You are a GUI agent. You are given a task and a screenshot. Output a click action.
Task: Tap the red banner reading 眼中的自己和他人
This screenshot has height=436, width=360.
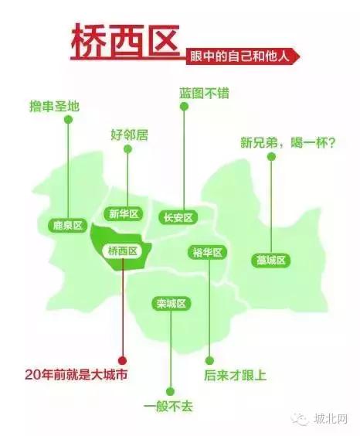[x=242, y=55]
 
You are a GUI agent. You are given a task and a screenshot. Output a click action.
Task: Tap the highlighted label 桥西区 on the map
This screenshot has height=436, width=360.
[x=122, y=250]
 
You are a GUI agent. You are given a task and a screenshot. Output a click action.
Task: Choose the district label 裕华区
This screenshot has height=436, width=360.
[x=207, y=252]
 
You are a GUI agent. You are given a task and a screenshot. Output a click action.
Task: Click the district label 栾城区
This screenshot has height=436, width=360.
[x=172, y=303]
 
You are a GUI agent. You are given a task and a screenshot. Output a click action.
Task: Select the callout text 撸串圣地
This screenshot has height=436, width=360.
[x=53, y=105]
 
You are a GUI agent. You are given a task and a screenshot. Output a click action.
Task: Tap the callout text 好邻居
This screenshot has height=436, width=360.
[x=129, y=135]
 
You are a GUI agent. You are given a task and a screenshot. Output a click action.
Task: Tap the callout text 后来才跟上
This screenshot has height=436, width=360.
[x=236, y=376]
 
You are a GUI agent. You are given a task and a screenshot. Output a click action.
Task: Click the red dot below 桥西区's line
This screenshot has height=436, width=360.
[x=121, y=359]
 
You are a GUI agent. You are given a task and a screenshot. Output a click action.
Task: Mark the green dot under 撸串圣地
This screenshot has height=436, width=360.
[x=68, y=120]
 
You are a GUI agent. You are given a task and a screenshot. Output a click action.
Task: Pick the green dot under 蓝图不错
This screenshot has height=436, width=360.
[x=184, y=107]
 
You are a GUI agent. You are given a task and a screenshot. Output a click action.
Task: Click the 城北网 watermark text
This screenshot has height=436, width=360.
[x=331, y=419]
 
